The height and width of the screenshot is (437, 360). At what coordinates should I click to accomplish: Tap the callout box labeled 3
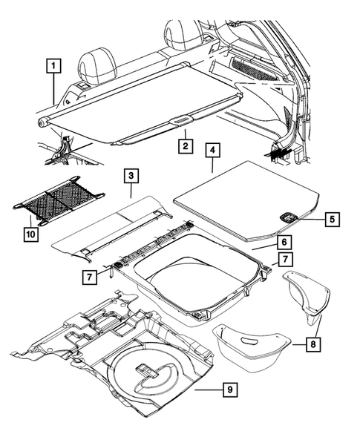coord(130,176)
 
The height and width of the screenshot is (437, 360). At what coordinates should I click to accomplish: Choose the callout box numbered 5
coord(332,219)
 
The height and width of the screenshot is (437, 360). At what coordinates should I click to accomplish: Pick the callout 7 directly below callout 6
coord(283,259)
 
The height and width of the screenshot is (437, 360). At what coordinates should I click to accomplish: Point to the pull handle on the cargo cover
coord(180,119)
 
